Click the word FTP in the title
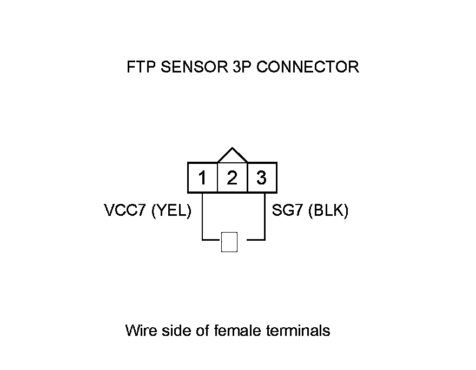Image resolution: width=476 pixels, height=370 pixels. click(140, 67)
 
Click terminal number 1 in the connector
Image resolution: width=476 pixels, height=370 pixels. click(202, 178)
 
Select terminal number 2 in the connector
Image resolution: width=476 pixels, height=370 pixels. click(232, 178)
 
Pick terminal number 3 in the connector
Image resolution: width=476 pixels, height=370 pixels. click(262, 178)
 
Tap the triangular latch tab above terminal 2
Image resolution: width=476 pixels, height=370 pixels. click(232, 156)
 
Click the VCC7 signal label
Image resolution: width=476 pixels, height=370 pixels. click(124, 210)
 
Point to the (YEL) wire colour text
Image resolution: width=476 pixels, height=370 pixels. click(170, 210)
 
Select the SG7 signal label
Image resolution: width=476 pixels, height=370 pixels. click(287, 210)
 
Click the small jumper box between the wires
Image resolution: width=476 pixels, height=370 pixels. click(229, 242)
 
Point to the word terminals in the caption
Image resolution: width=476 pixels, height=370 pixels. click(297, 330)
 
